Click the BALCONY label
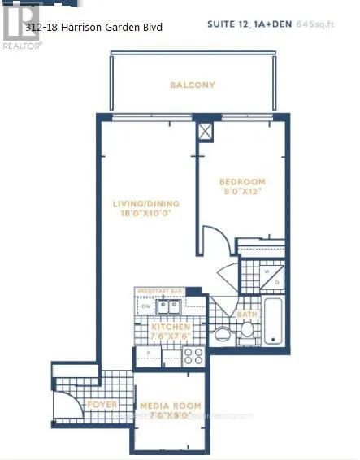click(x=193, y=85)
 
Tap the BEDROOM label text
click(x=244, y=183)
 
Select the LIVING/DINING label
click(x=145, y=204)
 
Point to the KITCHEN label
click(x=170, y=327)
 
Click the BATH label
click(x=247, y=313)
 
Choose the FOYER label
click(x=101, y=405)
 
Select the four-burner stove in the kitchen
click(x=193, y=356)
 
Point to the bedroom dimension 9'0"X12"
click(x=244, y=193)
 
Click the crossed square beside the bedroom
click(x=206, y=131)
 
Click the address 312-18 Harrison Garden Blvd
click(x=94, y=28)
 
